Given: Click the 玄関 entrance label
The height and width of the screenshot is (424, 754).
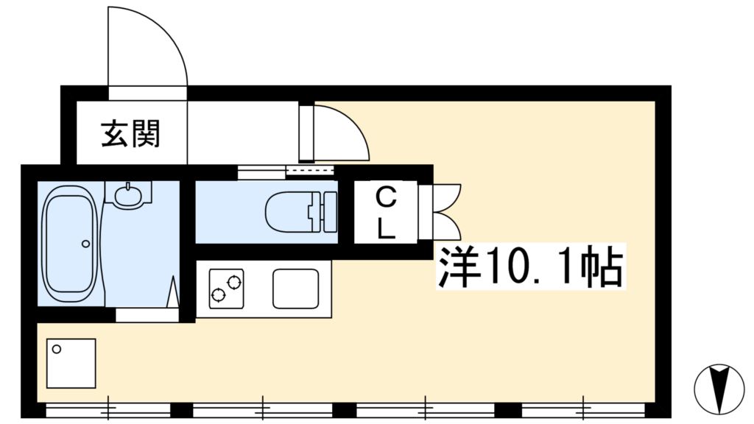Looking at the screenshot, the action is (x=130, y=133).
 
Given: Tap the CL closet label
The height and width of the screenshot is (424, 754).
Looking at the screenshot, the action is (x=386, y=213).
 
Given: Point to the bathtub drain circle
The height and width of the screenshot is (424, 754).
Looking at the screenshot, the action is (x=85, y=244).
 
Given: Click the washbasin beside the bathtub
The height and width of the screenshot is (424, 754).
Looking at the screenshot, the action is (x=128, y=194).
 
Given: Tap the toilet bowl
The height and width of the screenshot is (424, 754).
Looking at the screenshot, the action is (x=288, y=211).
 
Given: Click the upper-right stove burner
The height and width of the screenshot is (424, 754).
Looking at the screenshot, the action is (x=234, y=282).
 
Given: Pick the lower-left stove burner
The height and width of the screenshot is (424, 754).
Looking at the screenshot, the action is (x=218, y=294).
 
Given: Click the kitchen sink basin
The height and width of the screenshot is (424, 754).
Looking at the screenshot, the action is (x=296, y=289).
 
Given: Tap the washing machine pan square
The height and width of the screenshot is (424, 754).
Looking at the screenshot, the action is (x=71, y=364).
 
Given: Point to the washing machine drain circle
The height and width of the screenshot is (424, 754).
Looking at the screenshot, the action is (x=57, y=350).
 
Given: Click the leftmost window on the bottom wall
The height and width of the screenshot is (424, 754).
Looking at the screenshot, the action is (x=108, y=411).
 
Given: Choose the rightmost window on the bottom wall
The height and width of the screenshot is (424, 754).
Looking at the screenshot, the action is (x=583, y=410).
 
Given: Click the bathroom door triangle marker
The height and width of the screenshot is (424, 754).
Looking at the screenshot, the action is (x=173, y=291).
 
